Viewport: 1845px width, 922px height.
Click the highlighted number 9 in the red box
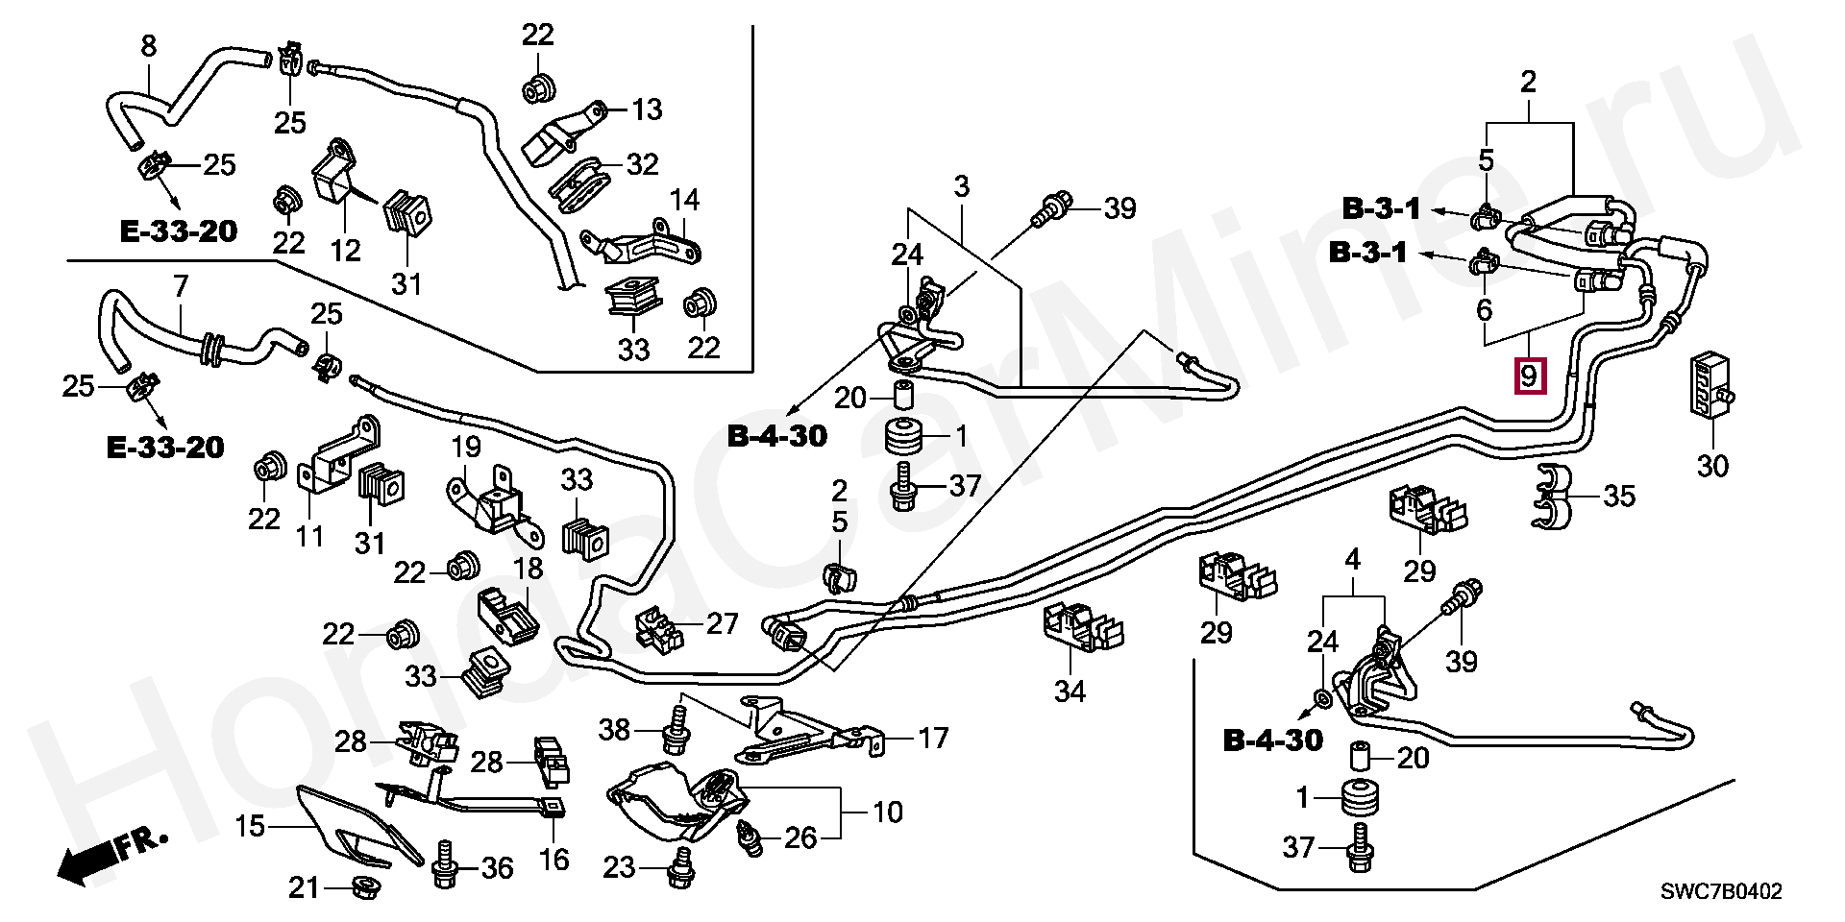(1530, 375)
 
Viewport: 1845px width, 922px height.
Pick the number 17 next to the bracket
(932, 738)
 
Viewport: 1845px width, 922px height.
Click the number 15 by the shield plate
(250, 825)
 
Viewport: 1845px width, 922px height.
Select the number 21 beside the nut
(304, 888)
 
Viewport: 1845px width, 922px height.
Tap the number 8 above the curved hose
(148, 45)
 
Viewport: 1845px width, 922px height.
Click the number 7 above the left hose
(180, 284)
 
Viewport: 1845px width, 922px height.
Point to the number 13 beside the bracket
(648, 109)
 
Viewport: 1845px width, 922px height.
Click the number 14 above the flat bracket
(684, 201)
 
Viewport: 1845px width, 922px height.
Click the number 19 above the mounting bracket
(465, 447)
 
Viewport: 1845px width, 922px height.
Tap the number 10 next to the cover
(887, 813)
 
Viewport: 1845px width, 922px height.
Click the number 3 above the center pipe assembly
(962, 185)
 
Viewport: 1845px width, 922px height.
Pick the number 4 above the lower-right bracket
(1352, 558)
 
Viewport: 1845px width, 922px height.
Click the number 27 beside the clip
(722, 623)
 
